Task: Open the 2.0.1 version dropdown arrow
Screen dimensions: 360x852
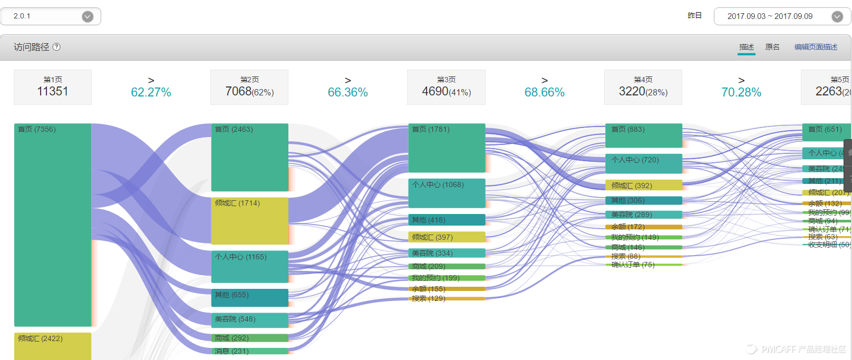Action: (88, 16)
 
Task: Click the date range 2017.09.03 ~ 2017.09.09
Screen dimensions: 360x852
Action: (770, 16)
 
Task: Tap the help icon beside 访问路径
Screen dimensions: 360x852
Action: (56, 47)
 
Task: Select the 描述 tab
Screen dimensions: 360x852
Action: (747, 47)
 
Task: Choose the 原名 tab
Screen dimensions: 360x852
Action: (772, 47)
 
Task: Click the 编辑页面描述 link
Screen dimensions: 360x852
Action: (816, 47)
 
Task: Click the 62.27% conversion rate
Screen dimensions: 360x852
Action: (151, 92)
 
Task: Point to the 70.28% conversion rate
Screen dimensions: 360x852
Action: (741, 92)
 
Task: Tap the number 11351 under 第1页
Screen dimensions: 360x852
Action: (53, 91)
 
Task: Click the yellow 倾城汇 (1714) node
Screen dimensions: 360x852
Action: (249, 220)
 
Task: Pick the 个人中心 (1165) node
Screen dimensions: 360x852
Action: (249, 267)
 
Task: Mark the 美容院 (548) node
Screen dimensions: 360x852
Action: (249, 320)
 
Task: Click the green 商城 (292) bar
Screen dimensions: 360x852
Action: (249, 338)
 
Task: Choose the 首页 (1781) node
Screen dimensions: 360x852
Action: (447, 148)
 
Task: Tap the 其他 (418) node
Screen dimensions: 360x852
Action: (447, 220)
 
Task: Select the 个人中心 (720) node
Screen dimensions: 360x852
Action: (643, 163)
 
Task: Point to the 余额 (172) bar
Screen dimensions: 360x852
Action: (643, 227)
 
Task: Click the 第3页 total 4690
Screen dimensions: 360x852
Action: (435, 91)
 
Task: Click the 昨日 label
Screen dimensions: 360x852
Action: (694, 16)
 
